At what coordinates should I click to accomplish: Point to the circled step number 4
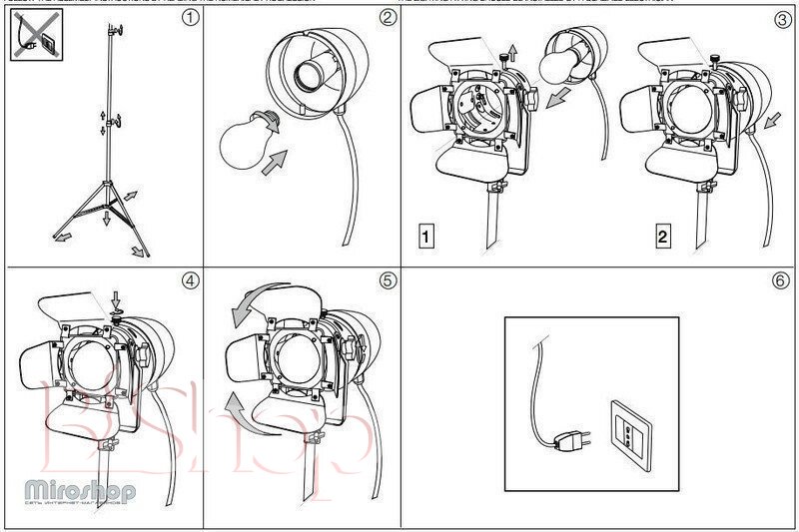coord(190,280)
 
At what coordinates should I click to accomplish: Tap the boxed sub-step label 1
coord(426,237)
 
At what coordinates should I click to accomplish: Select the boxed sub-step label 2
coord(663,237)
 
